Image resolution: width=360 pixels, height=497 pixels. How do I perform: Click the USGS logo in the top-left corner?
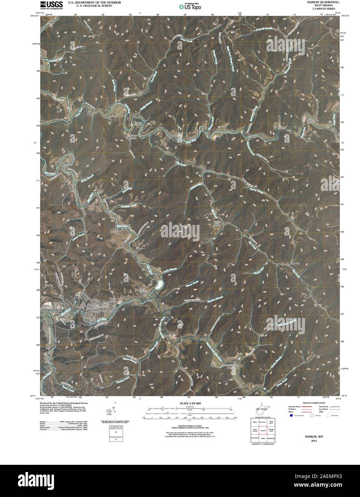51,5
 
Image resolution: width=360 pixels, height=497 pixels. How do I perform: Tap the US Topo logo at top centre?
190,6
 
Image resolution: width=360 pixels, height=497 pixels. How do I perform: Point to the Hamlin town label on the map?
87,306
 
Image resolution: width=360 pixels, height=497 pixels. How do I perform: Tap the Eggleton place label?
296,263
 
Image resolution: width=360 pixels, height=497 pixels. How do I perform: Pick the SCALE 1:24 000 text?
188,403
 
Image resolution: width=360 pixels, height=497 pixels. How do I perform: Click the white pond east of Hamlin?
159,285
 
